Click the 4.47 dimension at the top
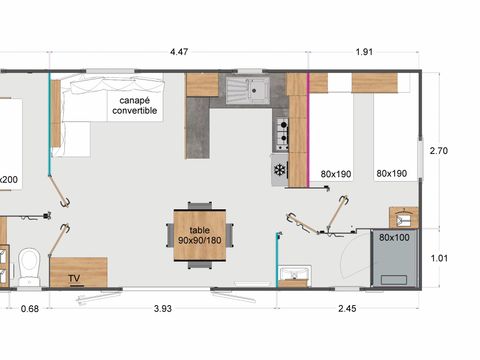point(179,52)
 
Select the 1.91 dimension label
point(365,52)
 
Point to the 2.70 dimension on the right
point(438,150)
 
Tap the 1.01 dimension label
point(438,257)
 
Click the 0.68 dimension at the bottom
point(29,308)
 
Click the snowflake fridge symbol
point(279,170)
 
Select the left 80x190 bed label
point(335,173)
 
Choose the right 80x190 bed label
point(391,173)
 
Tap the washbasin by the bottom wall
point(296,276)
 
